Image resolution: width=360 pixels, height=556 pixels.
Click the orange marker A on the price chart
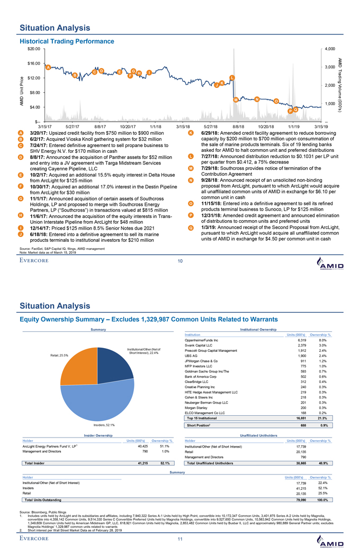click(48, 68)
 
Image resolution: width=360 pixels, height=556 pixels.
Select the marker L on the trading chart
click(232, 78)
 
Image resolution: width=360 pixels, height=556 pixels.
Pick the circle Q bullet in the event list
click(190, 242)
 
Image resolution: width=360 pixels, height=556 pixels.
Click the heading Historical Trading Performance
click(67, 41)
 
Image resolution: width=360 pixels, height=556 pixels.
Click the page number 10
click(179, 261)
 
